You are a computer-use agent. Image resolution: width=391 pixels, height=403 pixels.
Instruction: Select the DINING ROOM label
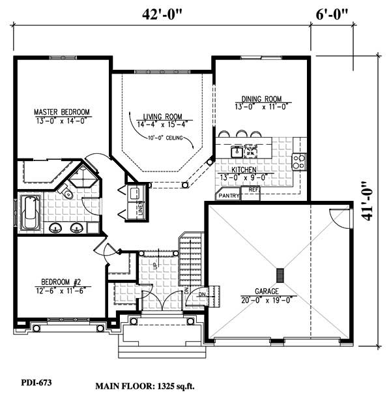pyautogui.click(x=261, y=100)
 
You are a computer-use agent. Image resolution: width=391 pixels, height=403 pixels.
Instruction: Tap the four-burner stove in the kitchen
pyautogui.click(x=299, y=160)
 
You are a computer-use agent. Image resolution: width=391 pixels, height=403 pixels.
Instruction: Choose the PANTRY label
pyautogui.click(x=229, y=195)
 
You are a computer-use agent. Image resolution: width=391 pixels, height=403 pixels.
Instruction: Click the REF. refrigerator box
pyautogui.click(x=253, y=192)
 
